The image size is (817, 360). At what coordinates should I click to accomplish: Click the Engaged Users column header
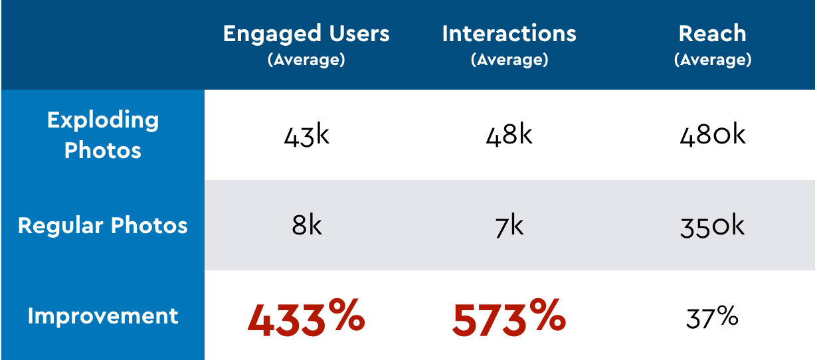click(306, 34)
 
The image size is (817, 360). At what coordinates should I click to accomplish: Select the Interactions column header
click(509, 34)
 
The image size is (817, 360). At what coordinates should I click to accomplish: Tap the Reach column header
click(713, 34)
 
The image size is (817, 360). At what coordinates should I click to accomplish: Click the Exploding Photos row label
click(103, 135)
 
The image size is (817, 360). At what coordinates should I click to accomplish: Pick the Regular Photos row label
click(103, 226)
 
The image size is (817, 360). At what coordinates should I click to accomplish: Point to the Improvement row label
click(103, 315)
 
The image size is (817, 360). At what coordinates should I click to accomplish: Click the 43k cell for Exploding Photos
click(306, 135)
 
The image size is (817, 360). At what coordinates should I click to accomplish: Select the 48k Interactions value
click(509, 135)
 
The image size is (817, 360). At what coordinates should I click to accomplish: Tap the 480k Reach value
click(713, 135)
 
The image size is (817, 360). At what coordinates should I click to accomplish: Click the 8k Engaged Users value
click(306, 226)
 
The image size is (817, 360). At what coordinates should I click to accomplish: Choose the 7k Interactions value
click(509, 226)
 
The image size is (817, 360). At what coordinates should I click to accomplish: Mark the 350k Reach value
click(713, 226)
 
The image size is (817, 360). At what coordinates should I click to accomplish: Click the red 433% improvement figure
click(306, 317)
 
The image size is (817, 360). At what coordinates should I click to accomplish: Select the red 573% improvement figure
click(509, 317)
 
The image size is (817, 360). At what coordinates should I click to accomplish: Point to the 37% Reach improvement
click(713, 317)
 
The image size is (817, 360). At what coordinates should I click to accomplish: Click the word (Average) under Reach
click(713, 60)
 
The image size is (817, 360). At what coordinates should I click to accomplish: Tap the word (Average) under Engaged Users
click(306, 60)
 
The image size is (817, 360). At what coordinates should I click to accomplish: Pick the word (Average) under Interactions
click(509, 60)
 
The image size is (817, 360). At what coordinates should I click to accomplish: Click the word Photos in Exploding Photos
click(103, 150)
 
